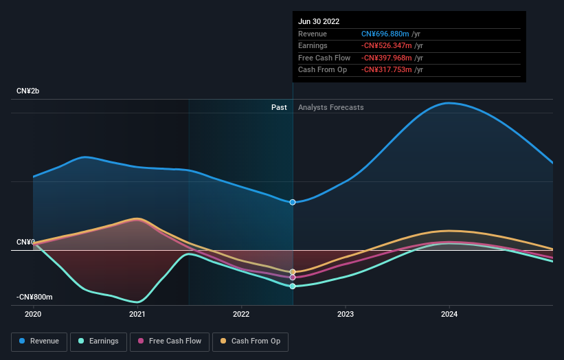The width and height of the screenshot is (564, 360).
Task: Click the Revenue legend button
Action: click(39, 341)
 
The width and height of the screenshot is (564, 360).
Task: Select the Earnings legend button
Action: click(98, 341)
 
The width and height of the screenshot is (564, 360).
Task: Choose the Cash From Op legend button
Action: click(250, 341)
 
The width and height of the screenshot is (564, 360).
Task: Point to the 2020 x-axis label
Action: click(33, 314)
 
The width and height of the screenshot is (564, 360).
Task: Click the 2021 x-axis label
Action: click(137, 314)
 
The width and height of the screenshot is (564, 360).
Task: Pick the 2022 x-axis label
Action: click(241, 314)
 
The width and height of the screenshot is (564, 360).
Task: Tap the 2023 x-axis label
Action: click(346, 314)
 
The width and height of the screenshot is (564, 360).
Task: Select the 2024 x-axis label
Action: click(449, 314)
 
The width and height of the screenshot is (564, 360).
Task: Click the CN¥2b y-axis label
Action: click(28, 91)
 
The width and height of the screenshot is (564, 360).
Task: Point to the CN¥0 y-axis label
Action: click(25, 243)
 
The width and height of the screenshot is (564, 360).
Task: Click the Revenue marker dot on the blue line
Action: click(293, 202)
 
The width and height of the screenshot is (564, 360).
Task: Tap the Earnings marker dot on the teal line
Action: click(293, 286)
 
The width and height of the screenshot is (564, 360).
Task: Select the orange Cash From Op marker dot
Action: click(293, 272)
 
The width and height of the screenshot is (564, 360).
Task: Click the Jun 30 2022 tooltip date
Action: click(319, 22)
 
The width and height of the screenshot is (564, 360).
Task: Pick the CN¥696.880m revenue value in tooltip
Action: click(385, 34)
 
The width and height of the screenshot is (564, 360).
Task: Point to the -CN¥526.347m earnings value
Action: click(387, 46)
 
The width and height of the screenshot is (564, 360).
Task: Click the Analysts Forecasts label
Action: click(331, 107)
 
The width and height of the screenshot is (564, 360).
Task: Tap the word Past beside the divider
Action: click(279, 107)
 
